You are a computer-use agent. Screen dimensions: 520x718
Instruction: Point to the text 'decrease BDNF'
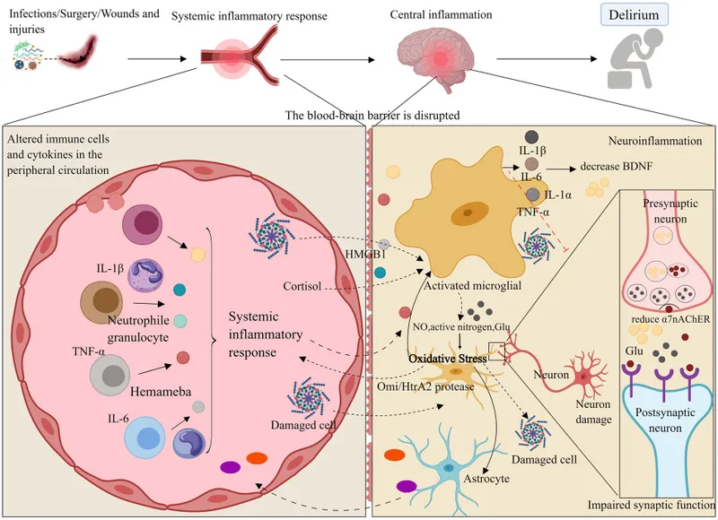[x=617, y=168]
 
